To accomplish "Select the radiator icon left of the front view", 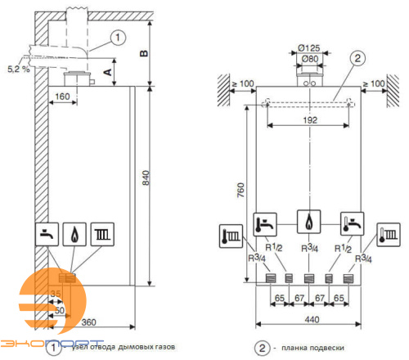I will coord(229,237).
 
